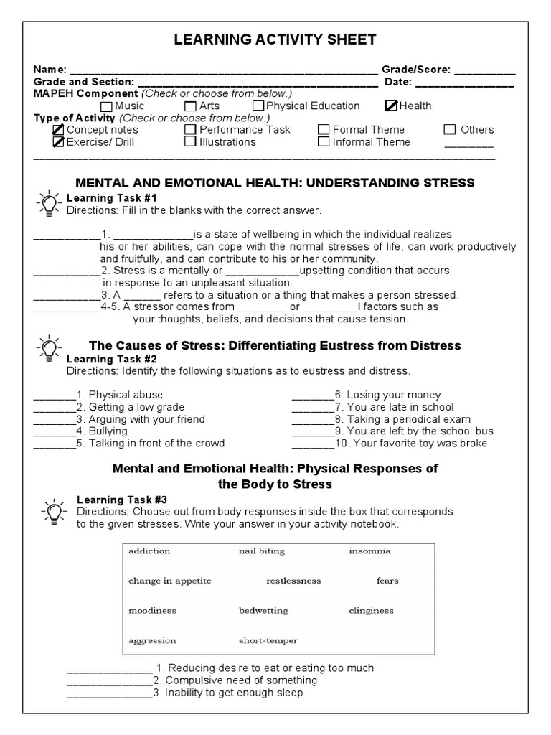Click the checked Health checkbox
click(x=391, y=106)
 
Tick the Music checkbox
click(x=107, y=106)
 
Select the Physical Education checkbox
click(x=258, y=106)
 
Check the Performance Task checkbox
click(x=190, y=130)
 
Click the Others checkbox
click(x=450, y=130)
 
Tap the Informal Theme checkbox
click(x=324, y=141)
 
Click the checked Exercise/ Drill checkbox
click(x=58, y=141)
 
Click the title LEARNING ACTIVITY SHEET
click(x=275, y=39)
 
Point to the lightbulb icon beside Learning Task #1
click(x=47, y=204)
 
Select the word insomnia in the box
click(x=369, y=551)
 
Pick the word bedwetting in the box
click(x=263, y=611)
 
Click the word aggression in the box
click(x=152, y=640)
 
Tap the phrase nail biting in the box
click(x=261, y=551)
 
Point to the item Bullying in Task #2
click(x=108, y=431)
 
